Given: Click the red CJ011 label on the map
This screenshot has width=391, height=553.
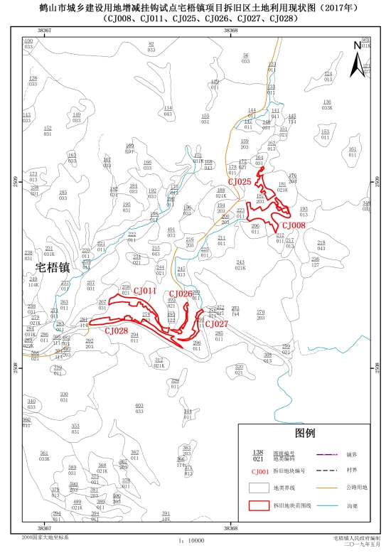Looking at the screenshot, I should (x=145, y=291).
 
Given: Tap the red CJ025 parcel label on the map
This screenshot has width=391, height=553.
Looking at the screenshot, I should (x=240, y=182).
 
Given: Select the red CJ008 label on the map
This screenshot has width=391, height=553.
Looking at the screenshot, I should (x=294, y=225).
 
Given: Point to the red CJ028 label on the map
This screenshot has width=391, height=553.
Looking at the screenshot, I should (x=116, y=331).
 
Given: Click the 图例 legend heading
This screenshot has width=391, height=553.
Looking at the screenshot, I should (x=304, y=433).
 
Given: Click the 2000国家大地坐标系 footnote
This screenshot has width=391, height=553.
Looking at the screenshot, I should (x=46, y=539).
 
